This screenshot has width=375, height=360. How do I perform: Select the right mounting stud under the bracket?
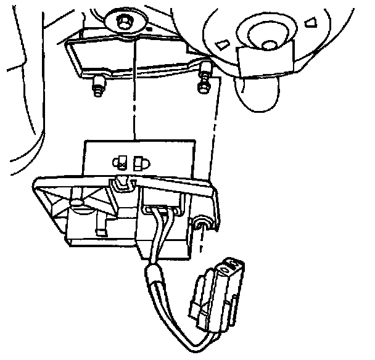pyautogui.click(x=204, y=87)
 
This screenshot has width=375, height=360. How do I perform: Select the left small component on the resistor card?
pyautogui.click(x=121, y=162)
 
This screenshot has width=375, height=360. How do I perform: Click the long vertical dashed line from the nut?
pyautogui.click(x=132, y=92)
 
